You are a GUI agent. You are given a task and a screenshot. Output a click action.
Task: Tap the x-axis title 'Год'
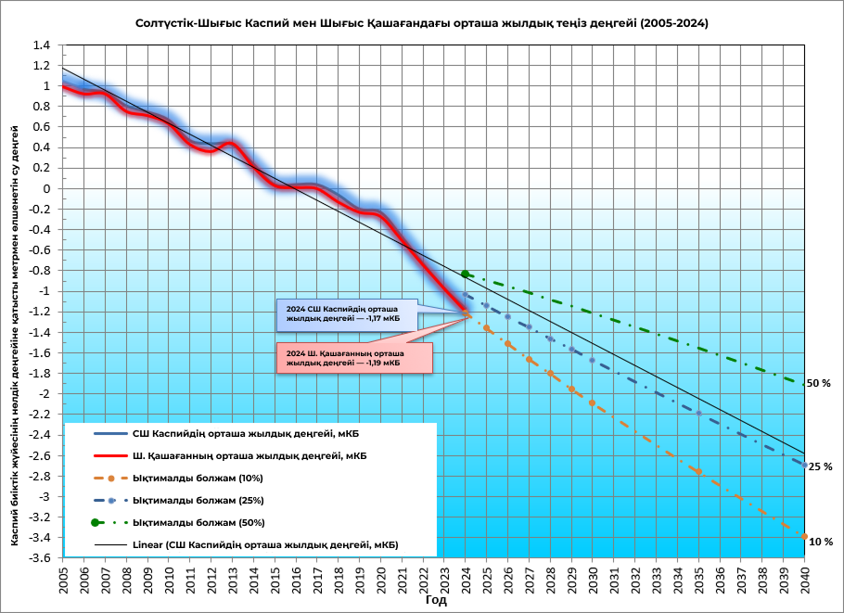436,601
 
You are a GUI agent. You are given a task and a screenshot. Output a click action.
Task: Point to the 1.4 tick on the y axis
40,45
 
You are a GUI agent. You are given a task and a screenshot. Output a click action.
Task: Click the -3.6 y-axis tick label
38,558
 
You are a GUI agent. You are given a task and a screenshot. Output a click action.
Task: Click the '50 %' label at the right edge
819,383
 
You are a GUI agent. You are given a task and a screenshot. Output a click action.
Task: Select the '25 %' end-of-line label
819,466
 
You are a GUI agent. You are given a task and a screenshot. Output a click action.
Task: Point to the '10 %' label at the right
820,542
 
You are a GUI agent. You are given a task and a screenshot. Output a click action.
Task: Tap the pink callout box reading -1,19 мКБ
355,358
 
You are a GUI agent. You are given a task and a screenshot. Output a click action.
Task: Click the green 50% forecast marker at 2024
466,274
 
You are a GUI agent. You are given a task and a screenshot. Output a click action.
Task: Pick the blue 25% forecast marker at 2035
698,413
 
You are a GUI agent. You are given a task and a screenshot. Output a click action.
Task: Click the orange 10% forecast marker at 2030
593,403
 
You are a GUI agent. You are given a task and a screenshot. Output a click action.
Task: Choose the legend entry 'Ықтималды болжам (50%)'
185,522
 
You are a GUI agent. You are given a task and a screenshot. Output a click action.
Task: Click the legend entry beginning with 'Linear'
264,544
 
